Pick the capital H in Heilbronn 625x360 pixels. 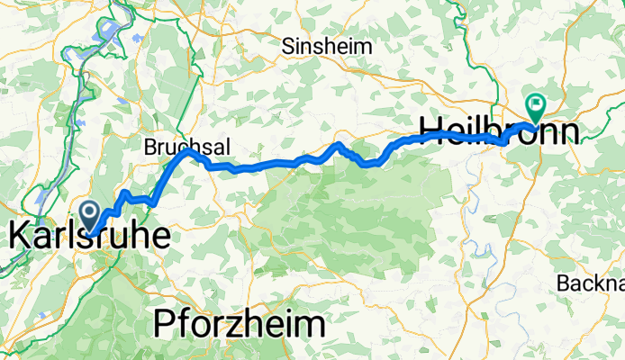point(433,130)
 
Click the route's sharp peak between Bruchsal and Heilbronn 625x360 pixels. point(339,144)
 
